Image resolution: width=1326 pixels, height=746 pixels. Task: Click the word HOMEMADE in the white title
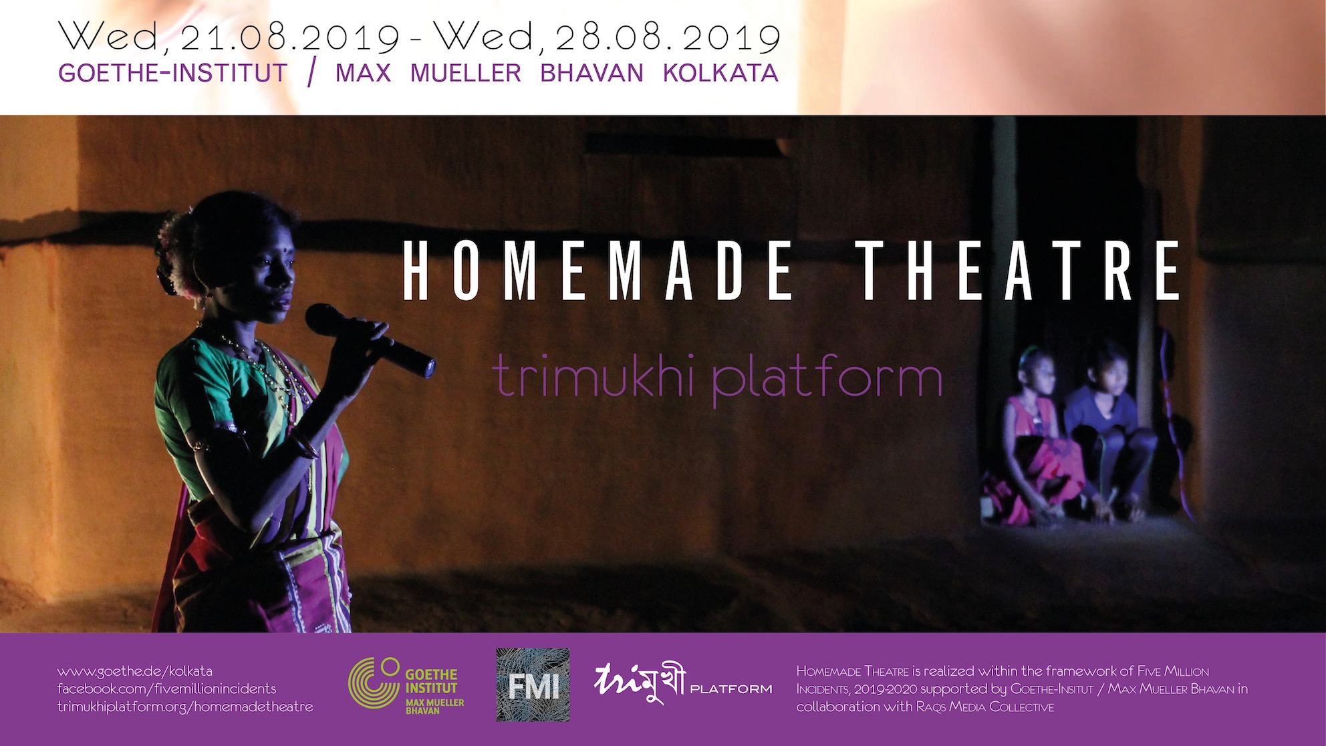click(x=598, y=270)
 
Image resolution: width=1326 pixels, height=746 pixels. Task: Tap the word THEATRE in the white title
click(x=1020, y=270)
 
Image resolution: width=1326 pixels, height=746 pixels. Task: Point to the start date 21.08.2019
click(x=289, y=38)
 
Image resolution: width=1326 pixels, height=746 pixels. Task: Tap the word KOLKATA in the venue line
click(x=720, y=73)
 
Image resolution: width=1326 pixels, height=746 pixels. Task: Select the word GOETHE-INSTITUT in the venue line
click(x=173, y=73)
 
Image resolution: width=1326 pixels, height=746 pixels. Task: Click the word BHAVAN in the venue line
click(x=591, y=73)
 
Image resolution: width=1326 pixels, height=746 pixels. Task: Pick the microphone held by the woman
click(x=370, y=340)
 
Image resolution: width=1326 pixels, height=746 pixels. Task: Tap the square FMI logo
click(x=533, y=685)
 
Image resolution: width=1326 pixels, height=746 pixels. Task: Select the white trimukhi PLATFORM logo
click(x=682, y=682)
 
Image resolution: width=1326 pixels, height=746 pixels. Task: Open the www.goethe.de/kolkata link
click(x=135, y=671)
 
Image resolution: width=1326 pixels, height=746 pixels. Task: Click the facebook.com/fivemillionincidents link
click(x=166, y=689)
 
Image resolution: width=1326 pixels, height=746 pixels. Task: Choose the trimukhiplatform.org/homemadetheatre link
click(x=185, y=707)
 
